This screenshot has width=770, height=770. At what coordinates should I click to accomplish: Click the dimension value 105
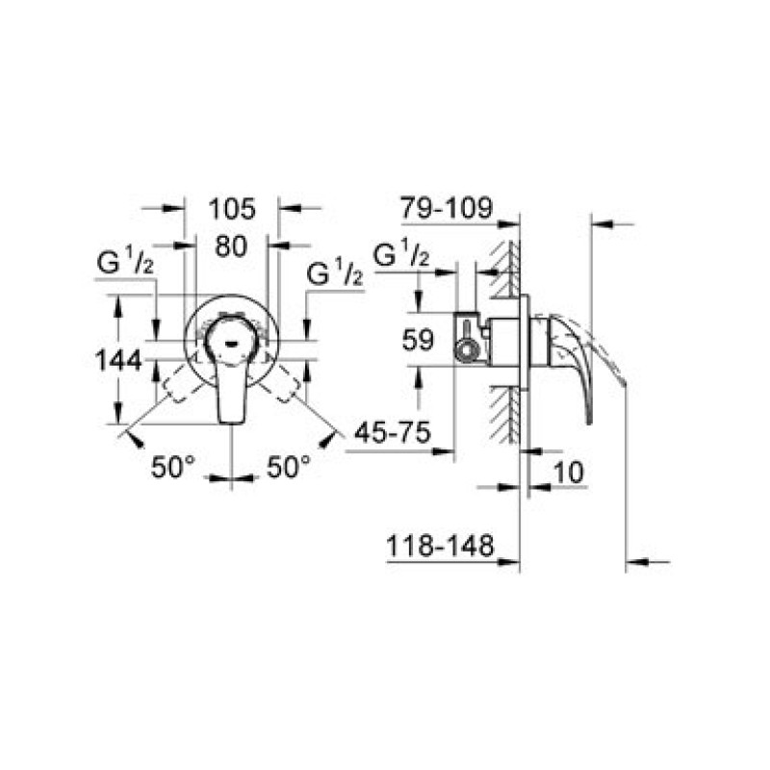[x=232, y=209]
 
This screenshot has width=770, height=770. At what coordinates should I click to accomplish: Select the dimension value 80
[x=231, y=246]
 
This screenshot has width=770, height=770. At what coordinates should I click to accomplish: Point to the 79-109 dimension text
[x=446, y=208]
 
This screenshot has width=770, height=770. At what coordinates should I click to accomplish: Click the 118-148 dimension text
[x=440, y=546]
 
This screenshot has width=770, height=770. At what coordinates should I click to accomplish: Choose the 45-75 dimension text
[x=393, y=432]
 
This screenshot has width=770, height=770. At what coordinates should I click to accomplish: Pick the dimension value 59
[x=418, y=340]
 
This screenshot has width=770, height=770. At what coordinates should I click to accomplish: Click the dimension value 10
[x=569, y=473]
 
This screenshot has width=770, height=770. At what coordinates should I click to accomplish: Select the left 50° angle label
[x=173, y=467]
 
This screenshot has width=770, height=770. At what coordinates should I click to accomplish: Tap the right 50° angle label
[x=289, y=467]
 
